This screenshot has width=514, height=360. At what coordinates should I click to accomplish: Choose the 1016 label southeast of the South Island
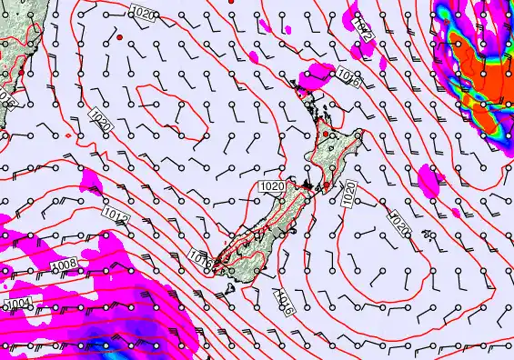point(283,300)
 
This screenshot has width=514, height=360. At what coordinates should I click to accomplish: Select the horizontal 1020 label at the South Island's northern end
point(272,186)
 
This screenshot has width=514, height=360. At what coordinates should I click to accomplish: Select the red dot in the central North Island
point(326,135)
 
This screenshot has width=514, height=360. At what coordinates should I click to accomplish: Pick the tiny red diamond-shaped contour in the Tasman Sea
point(69,135)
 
